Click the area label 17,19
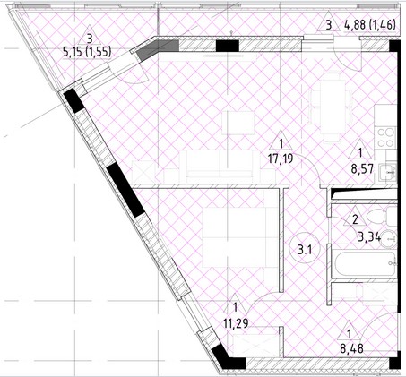(281, 159)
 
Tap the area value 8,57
(362, 169)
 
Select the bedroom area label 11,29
(236, 322)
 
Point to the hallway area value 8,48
(351, 348)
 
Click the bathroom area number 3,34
(369, 237)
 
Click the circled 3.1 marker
(305, 249)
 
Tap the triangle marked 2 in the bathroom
(355, 216)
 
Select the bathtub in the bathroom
(365, 264)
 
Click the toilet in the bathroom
(381, 216)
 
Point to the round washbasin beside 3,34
(388, 239)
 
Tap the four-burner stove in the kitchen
(386, 137)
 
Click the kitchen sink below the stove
(388, 173)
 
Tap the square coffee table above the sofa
(238, 123)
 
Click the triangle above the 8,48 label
(349, 330)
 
